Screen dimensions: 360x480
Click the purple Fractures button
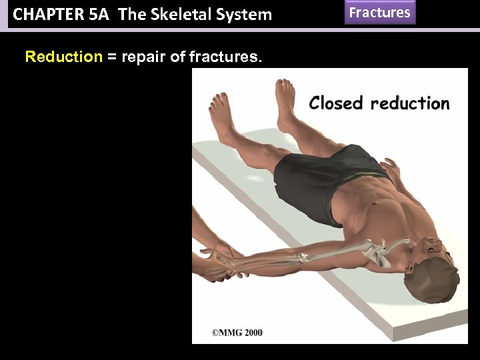pos(380,13)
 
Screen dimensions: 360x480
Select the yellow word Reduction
pos(63,57)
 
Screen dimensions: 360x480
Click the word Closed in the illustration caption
pos(337,103)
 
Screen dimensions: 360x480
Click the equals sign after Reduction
pos(111,57)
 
